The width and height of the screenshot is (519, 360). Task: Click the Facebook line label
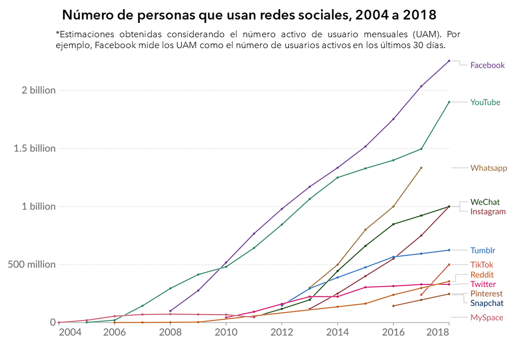coord(487,65)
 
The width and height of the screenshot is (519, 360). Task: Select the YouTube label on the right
coord(485,103)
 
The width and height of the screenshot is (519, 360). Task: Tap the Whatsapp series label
coord(489,168)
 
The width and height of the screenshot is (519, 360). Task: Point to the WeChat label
coord(485,202)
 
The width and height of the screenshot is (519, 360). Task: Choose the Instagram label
coord(488,212)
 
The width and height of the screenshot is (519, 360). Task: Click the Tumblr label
coord(483,251)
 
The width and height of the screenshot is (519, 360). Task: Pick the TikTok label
coord(482,265)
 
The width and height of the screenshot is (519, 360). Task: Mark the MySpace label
coord(487,318)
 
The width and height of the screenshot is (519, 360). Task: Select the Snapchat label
coord(487,303)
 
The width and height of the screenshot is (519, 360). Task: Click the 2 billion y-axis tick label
coord(38,91)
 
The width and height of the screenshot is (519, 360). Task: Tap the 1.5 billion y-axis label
coord(35,148)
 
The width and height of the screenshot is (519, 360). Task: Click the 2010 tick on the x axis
coord(225,332)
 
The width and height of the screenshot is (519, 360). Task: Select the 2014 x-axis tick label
coord(337,332)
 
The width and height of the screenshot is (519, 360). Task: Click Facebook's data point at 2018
coord(449,61)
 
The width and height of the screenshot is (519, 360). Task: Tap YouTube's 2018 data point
coord(449,102)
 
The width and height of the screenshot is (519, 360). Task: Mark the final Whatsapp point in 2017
coord(422,168)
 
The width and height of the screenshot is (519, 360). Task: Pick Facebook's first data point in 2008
coord(170,311)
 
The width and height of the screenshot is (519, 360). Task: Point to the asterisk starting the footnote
coord(57,33)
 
